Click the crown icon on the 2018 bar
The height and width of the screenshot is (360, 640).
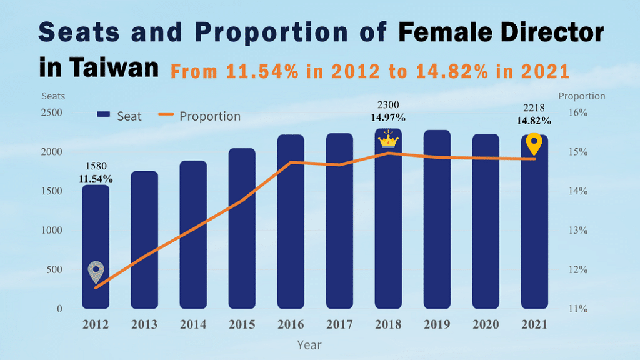click(x=388, y=139)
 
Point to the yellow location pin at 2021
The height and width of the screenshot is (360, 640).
click(x=534, y=144)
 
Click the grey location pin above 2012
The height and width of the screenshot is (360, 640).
click(x=96, y=272)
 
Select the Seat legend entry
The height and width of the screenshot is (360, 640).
click(x=119, y=116)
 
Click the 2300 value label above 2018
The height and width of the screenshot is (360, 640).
click(x=388, y=105)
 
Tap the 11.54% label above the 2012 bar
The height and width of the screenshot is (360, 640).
click(x=96, y=179)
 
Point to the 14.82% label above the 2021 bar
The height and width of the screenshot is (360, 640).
click(x=534, y=121)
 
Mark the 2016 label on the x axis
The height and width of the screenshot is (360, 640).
click(x=291, y=325)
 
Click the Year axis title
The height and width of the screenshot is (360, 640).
click(x=309, y=344)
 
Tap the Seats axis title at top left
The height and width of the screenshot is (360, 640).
click(x=53, y=96)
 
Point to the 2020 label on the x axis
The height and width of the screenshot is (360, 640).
click(x=486, y=325)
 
